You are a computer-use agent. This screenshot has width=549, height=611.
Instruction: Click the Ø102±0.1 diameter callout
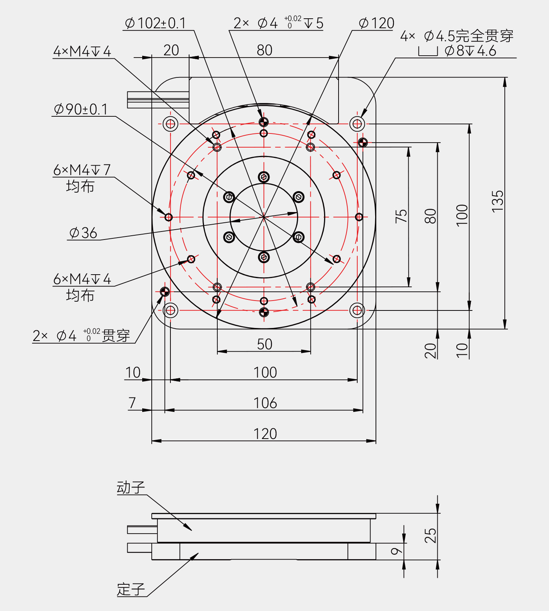point(156,23)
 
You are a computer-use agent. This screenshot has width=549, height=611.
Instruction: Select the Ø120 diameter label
point(376,23)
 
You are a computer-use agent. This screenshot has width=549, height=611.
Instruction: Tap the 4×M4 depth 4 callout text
point(82,51)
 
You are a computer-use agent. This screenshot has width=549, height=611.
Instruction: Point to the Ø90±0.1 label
point(81,109)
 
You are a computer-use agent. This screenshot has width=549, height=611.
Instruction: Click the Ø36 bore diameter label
point(83,233)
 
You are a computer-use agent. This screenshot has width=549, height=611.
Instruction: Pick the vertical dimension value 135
point(498,201)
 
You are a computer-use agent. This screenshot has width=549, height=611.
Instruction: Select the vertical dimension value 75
point(401,216)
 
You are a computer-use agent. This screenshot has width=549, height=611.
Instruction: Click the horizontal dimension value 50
point(265,344)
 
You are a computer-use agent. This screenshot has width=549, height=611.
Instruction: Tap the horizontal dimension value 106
point(265,403)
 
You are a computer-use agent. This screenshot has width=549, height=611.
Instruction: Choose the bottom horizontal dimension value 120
point(265,434)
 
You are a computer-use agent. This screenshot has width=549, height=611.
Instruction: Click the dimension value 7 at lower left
point(132,403)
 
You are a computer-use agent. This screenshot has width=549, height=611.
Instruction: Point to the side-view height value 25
point(430,535)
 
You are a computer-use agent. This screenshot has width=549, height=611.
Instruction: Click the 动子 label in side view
point(131,488)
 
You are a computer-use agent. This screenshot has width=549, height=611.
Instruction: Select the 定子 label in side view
point(131,590)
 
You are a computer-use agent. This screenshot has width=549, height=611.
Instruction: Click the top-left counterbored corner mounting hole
point(170,124)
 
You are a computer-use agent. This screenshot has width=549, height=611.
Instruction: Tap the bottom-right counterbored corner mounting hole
point(357,310)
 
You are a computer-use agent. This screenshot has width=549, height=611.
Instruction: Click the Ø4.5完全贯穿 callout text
point(457,37)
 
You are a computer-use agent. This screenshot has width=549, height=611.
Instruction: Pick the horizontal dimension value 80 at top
point(264,50)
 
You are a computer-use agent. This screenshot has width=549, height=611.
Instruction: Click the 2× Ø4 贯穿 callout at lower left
point(81,336)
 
